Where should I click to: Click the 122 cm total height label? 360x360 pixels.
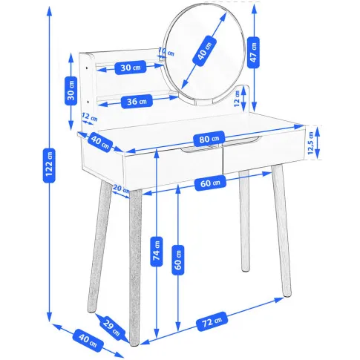coord(49,166)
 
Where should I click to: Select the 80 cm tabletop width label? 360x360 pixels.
coord(209,139)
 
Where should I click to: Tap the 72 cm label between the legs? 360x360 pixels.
coord(212,321)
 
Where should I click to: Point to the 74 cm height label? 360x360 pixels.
coord(157,252)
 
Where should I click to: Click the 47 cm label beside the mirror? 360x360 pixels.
coord(253,53)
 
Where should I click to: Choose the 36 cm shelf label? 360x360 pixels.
coord(137,101)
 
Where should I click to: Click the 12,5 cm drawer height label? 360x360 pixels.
coord(311,143)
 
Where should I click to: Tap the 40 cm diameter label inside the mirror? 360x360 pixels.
coord(205,51)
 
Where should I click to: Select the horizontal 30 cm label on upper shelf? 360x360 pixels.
coord(131,68)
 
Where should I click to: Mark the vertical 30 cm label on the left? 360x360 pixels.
coord(71,91)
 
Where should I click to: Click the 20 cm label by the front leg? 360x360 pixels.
coord(121,189)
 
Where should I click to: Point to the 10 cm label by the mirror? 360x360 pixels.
coord(166,52)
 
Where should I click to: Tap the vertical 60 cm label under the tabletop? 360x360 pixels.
coord(178,260)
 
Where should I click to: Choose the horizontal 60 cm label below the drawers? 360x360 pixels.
coord(210,183)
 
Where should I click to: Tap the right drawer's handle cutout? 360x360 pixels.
coord(243,140)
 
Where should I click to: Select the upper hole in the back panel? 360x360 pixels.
coord(88,68)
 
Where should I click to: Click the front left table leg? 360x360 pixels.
coord(135,266)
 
